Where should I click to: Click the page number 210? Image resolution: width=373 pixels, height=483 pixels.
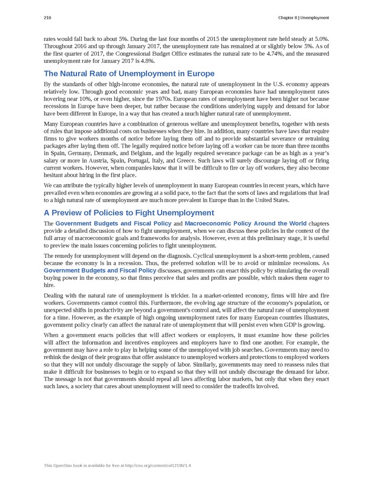coord(47,17)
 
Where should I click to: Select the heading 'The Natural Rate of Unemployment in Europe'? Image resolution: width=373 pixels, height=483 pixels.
coord(128,74)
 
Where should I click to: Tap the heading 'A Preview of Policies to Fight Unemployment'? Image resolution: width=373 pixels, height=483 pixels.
coord(129,213)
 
